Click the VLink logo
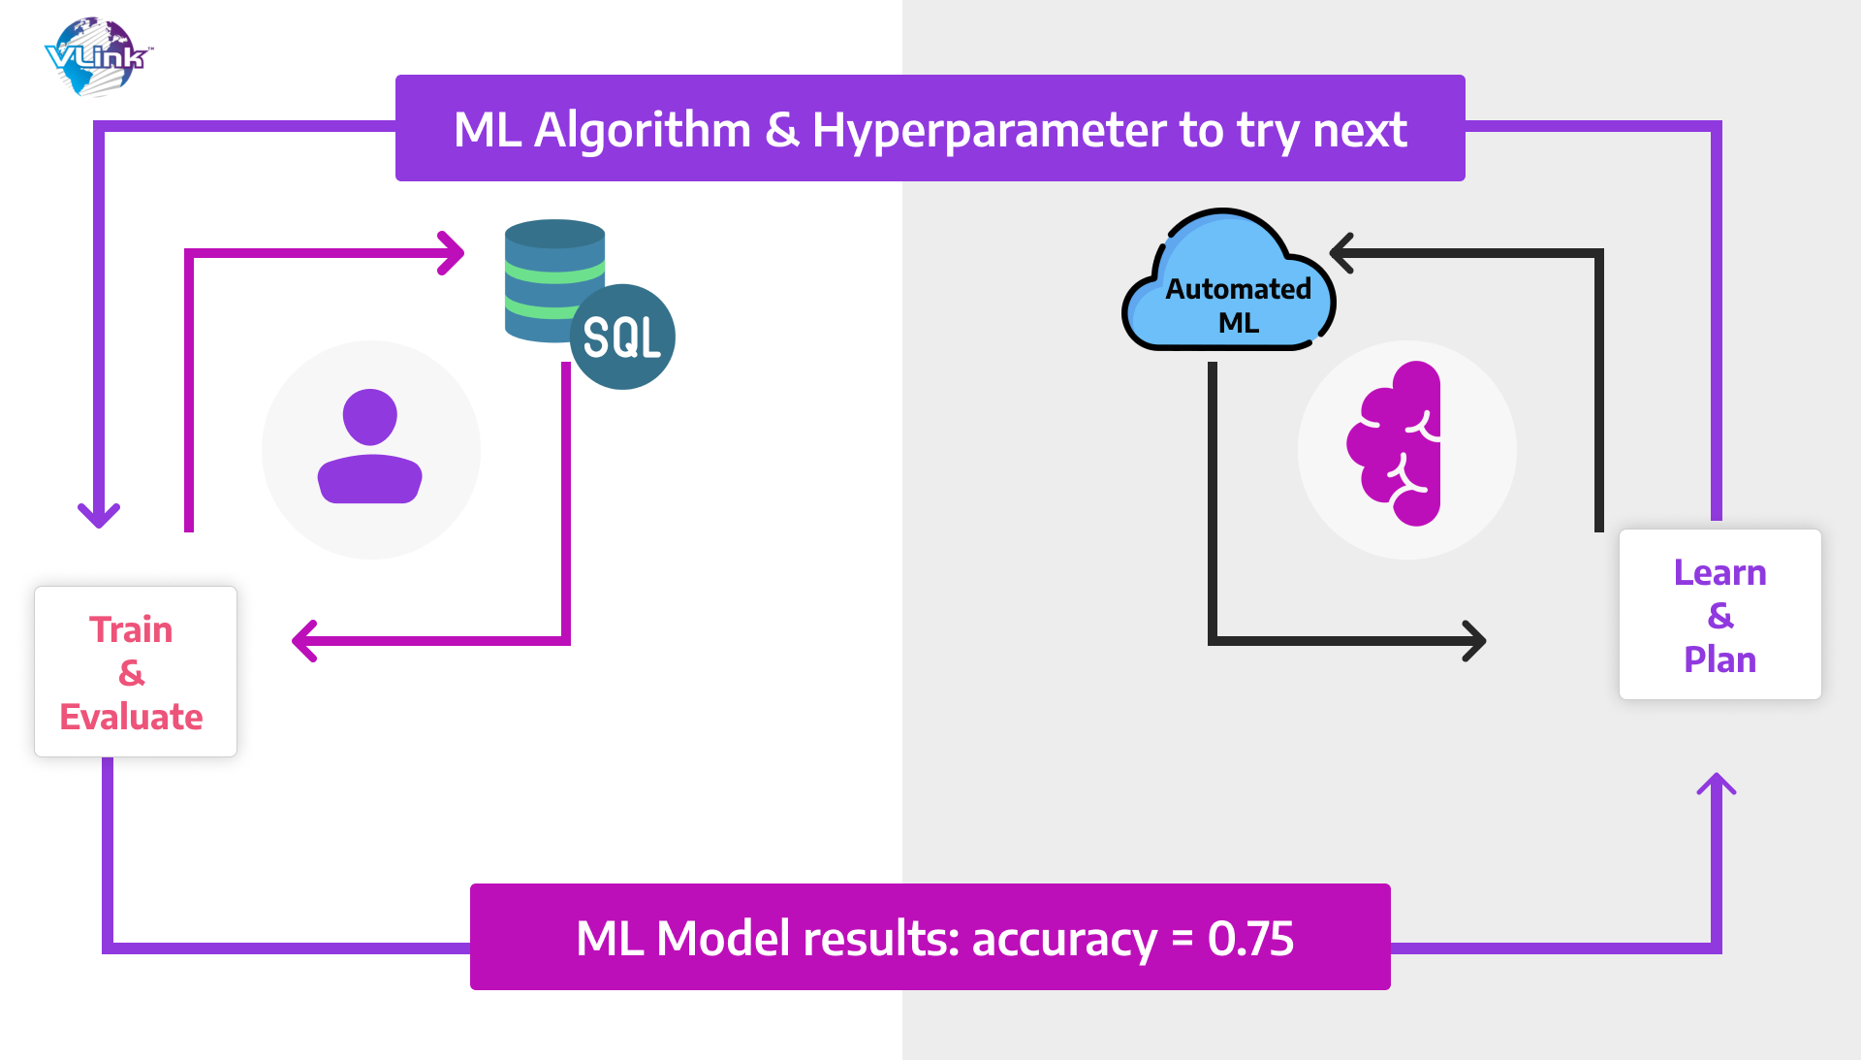97,56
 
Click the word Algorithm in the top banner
643,130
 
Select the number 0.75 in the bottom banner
1250,939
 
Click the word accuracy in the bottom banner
1064,939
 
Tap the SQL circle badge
622,337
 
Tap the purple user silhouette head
369,417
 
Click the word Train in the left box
131,629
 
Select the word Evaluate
131,717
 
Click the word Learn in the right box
1719,572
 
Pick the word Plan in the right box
1719,659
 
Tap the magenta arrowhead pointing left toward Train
303,641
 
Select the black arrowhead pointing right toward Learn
1475,641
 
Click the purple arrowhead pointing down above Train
99,517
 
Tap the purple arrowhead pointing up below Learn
1717,784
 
